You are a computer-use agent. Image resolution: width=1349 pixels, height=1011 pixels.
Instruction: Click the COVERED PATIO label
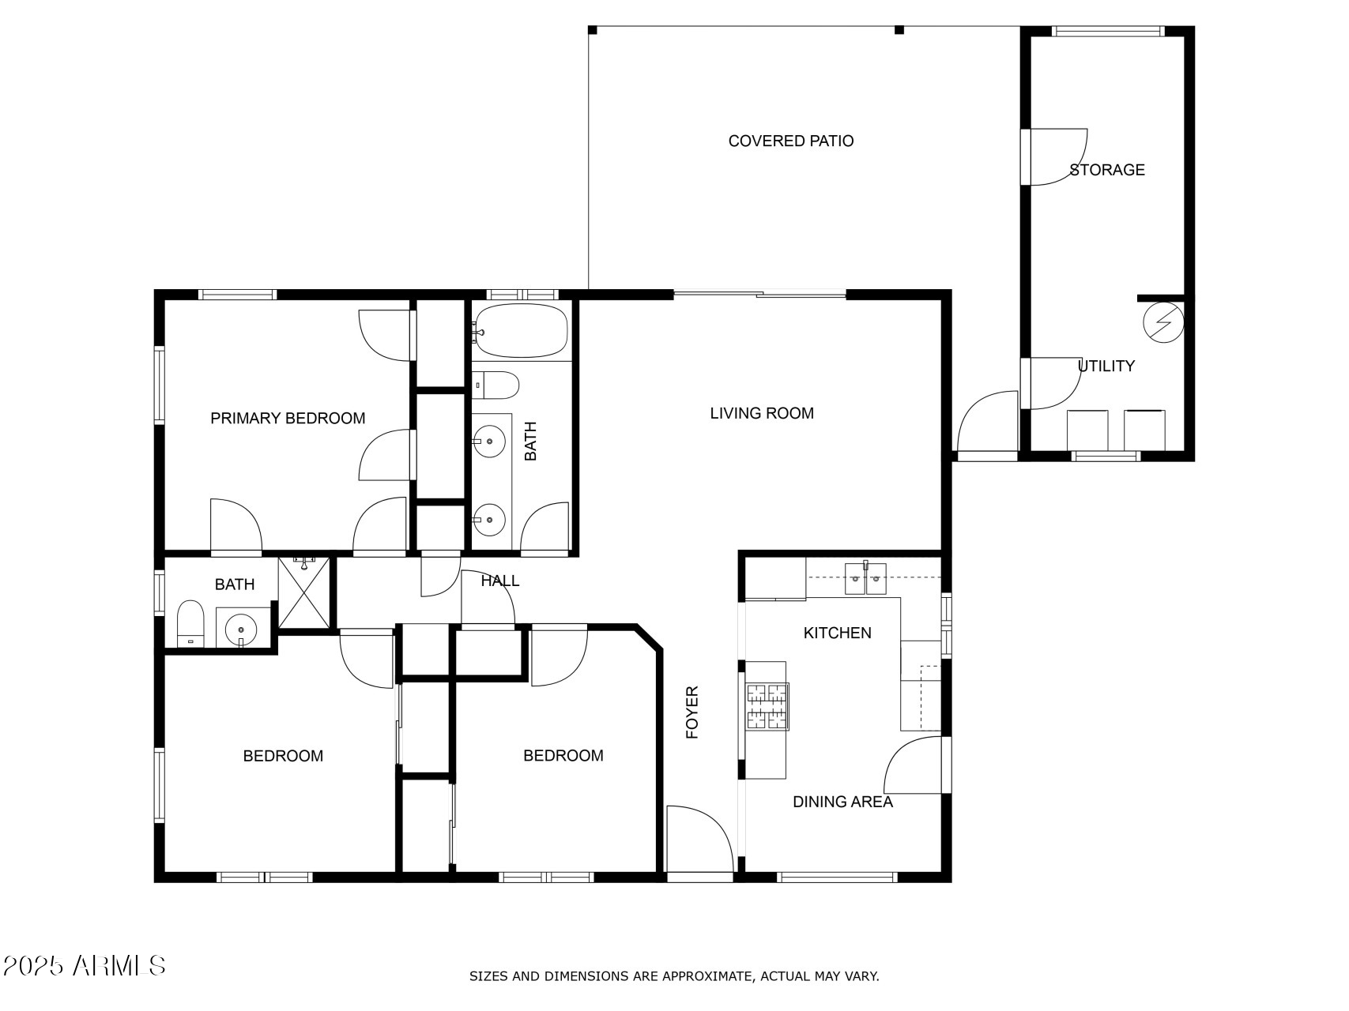point(791,141)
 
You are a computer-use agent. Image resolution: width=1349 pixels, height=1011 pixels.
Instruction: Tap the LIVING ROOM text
point(762,413)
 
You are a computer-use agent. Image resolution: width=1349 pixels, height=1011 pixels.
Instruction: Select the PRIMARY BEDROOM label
point(288,419)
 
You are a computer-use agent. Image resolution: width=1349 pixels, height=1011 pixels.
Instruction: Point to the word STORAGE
point(1107,170)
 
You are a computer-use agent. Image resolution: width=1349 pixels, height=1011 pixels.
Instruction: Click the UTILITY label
point(1106,366)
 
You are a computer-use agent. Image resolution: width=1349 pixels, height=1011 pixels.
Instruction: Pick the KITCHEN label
point(838,633)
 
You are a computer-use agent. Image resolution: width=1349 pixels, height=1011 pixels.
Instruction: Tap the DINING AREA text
point(843,802)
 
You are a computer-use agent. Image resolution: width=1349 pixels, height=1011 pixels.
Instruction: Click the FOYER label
point(692,712)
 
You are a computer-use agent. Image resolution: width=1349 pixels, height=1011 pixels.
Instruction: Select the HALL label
point(500,581)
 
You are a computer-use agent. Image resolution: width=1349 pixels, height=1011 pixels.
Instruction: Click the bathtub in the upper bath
point(521,332)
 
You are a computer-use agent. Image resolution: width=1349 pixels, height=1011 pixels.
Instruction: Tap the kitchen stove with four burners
point(767,706)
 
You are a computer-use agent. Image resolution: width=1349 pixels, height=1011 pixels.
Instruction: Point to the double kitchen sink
point(865,578)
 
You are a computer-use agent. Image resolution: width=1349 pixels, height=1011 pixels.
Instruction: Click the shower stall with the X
point(303,592)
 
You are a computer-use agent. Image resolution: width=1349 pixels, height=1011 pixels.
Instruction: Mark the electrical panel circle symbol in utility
point(1163,324)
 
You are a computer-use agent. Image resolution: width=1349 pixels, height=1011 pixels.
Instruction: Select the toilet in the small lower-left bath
point(190,623)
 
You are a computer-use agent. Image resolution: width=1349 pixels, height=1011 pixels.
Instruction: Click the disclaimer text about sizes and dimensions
point(674,976)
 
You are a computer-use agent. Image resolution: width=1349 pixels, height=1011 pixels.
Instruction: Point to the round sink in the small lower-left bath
point(241,630)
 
